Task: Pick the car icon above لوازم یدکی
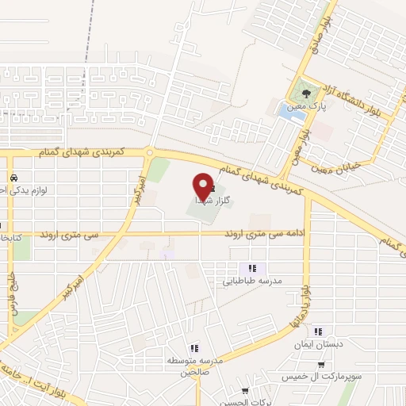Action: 13,177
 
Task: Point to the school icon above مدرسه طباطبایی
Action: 252,269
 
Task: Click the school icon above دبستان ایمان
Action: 318,331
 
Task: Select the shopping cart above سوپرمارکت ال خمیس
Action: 320,365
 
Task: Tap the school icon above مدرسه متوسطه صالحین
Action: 193,348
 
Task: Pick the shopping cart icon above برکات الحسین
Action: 245,390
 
